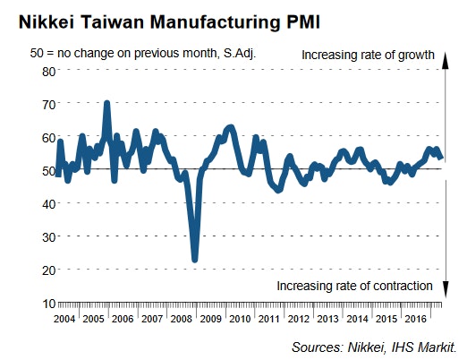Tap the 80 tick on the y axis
pos(48,70)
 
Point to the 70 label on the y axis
pos(48,103)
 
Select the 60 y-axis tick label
pos(48,136)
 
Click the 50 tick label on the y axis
pos(48,169)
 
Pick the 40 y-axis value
pos(48,202)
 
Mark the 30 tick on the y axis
pos(48,236)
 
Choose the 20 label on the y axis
pos(48,269)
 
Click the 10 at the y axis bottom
pos(48,302)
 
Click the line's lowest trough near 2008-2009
pos(195,259)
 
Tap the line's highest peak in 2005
pos(107,104)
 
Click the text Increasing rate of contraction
pos(355,286)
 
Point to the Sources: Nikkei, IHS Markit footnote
pos(374,346)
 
